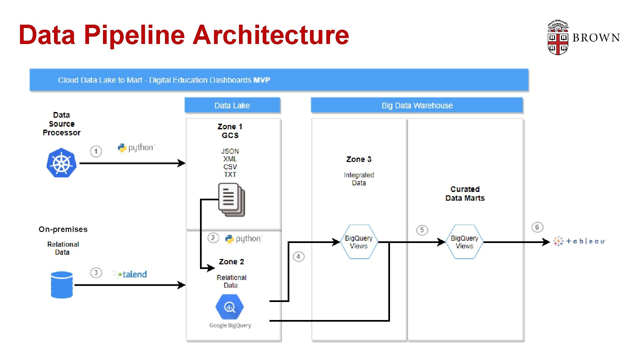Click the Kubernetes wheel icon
[x=61, y=163]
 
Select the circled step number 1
[x=96, y=151]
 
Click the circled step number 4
[x=298, y=257]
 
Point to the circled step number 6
[x=537, y=227]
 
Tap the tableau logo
[x=579, y=241]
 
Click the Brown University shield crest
[x=558, y=38]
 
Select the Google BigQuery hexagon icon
[x=229, y=307]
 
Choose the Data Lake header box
[x=232, y=105]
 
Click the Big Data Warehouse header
[x=417, y=105]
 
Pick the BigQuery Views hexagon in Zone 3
[x=359, y=242]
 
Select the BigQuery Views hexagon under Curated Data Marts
[x=464, y=242]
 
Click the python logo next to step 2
[x=244, y=239]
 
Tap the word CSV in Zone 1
[x=230, y=167]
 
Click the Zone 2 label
[x=231, y=262]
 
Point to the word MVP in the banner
[x=262, y=80]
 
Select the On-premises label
[x=63, y=229]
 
